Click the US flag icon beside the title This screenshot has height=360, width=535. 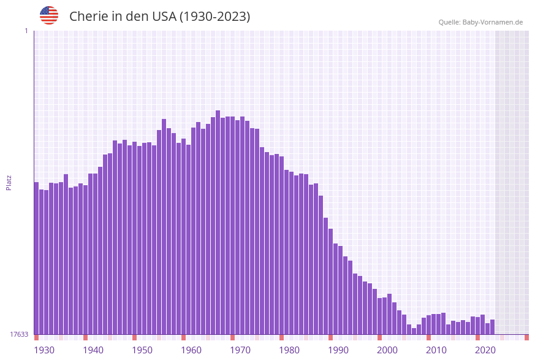[49, 15]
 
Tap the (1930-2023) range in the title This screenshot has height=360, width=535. [214, 17]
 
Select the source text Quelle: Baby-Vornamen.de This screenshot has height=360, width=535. [480, 22]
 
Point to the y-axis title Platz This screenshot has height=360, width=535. [9, 182]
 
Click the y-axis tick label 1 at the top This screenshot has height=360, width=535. [26, 31]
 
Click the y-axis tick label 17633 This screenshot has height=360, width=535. [19, 334]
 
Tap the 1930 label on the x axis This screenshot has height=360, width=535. [44, 350]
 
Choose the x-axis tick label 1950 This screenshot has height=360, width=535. [142, 350]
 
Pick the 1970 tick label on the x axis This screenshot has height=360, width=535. [240, 350]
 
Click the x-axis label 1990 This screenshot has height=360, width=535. [338, 350]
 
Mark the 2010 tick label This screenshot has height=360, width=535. [436, 350]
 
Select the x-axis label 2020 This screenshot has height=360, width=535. [485, 350]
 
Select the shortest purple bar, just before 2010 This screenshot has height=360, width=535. [414, 331]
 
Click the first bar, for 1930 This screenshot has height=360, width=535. [37, 258]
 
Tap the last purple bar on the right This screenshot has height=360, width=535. [493, 327]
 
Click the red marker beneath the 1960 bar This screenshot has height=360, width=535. [184, 337]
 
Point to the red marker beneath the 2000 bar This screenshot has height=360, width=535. [380, 337]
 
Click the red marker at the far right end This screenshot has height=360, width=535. [526, 337]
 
